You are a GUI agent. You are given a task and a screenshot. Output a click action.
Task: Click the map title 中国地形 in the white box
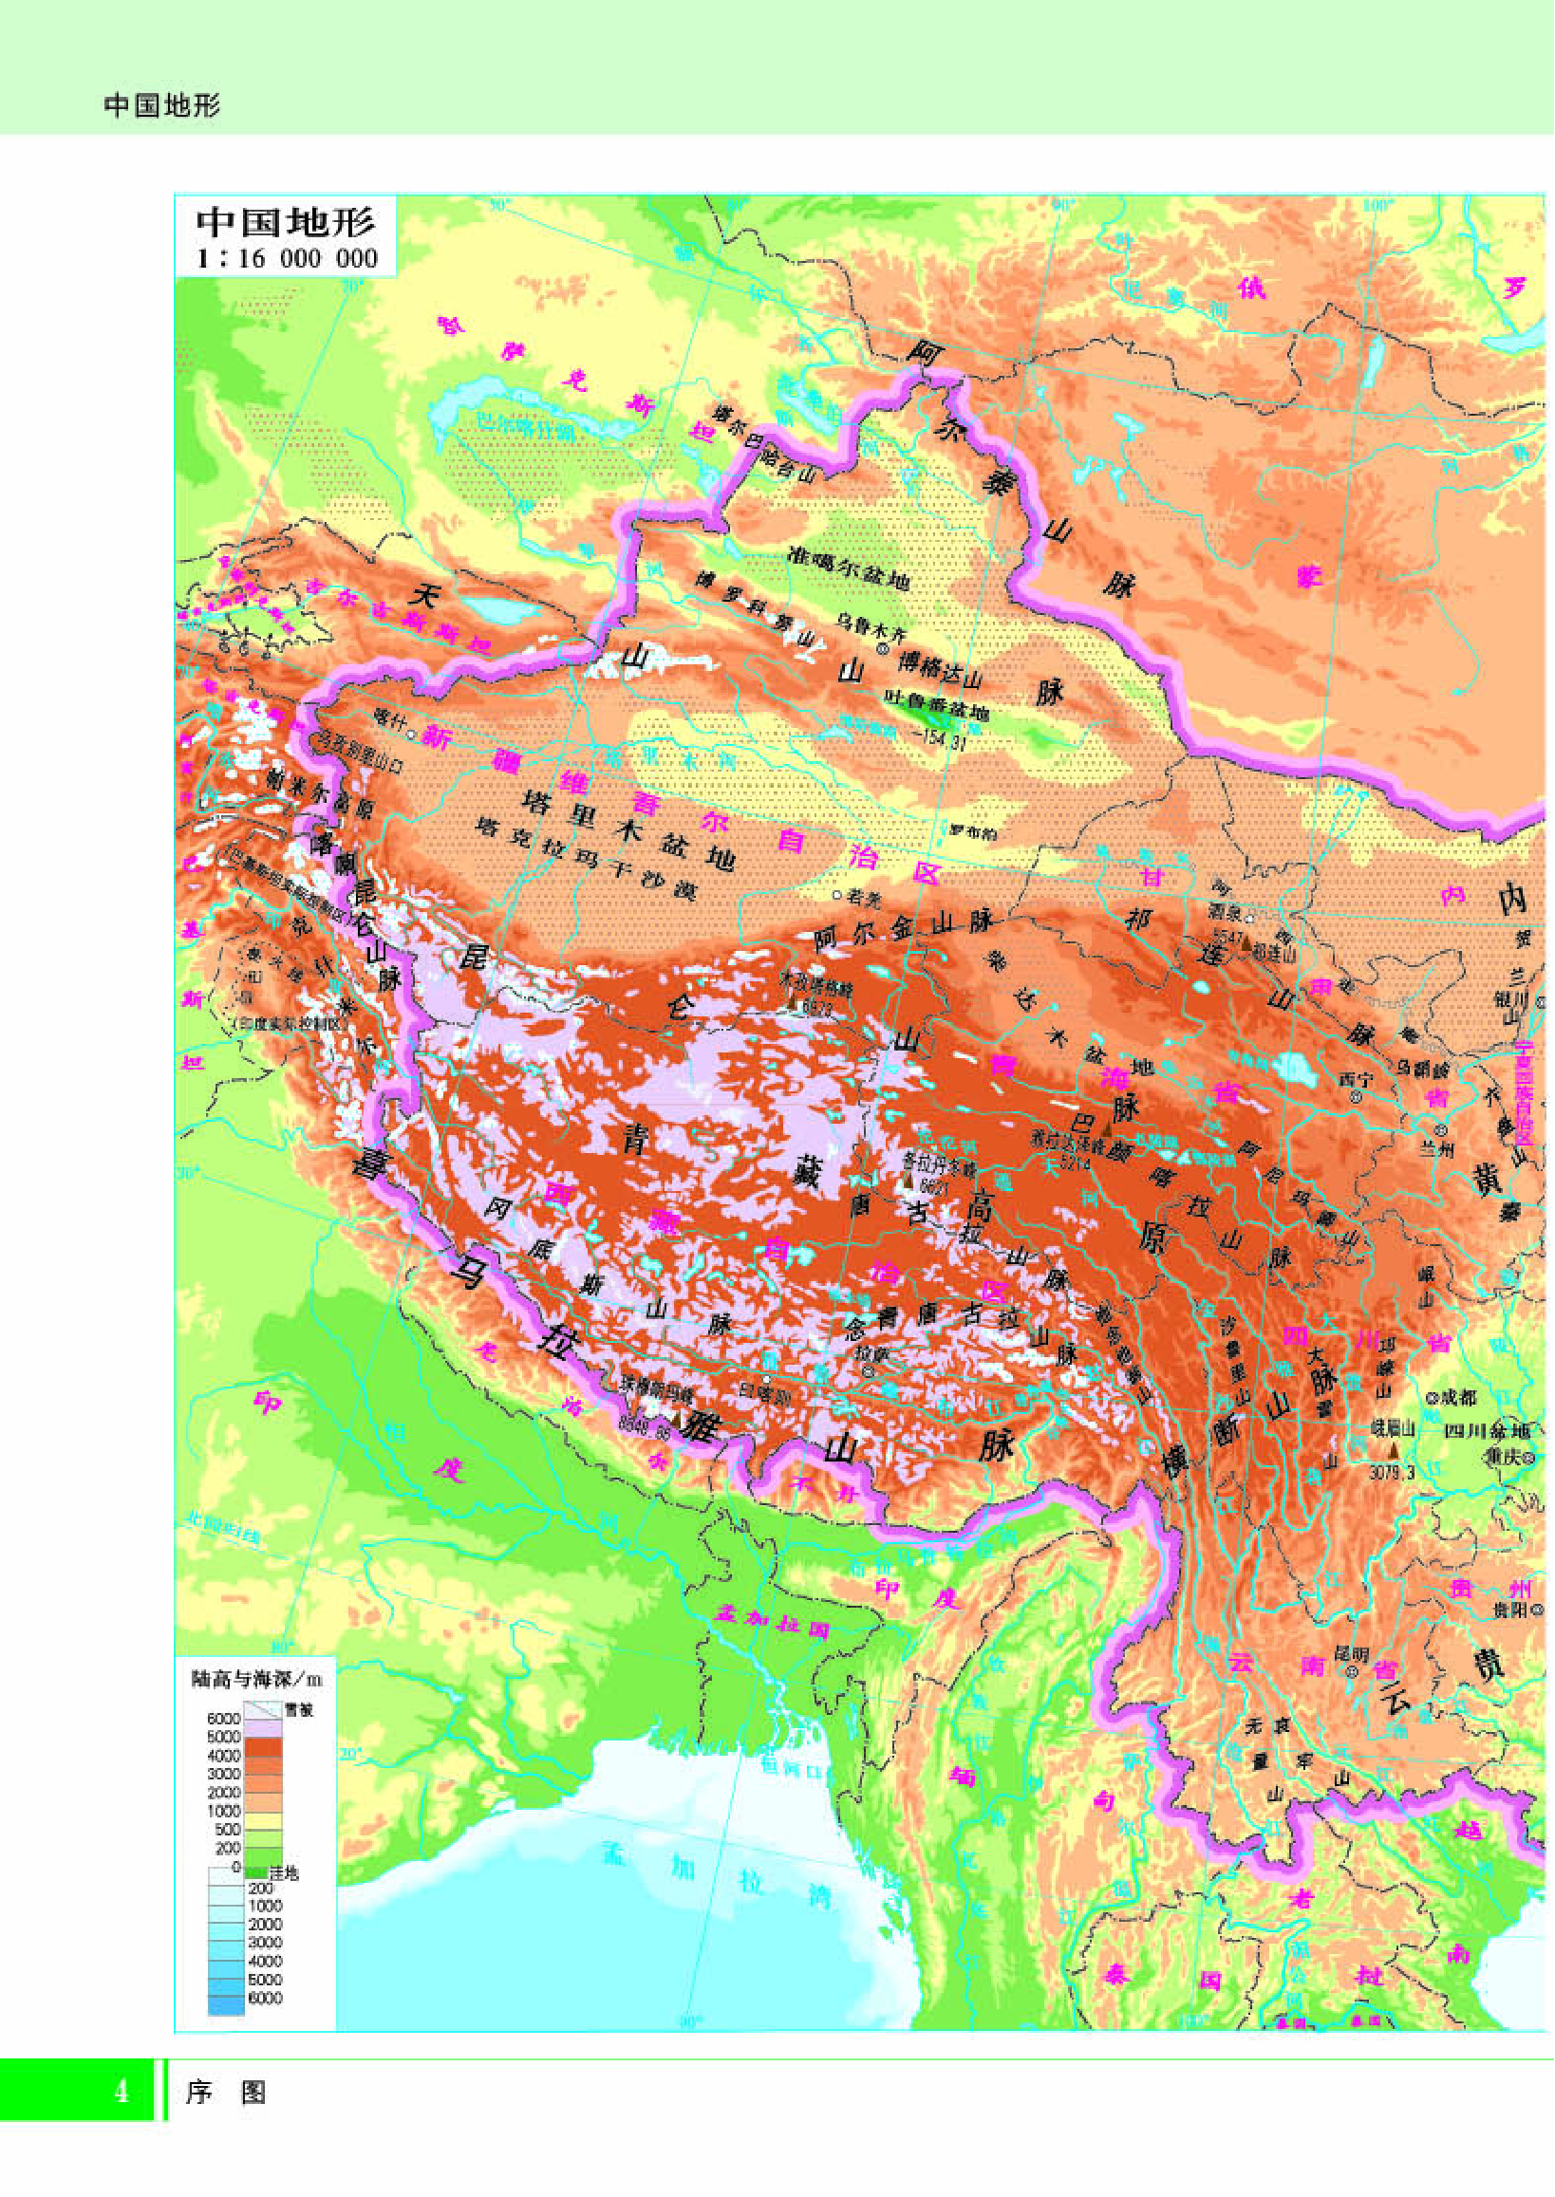[x=285, y=222]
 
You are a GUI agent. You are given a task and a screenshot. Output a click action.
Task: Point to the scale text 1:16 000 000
[x=287, y=258]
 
